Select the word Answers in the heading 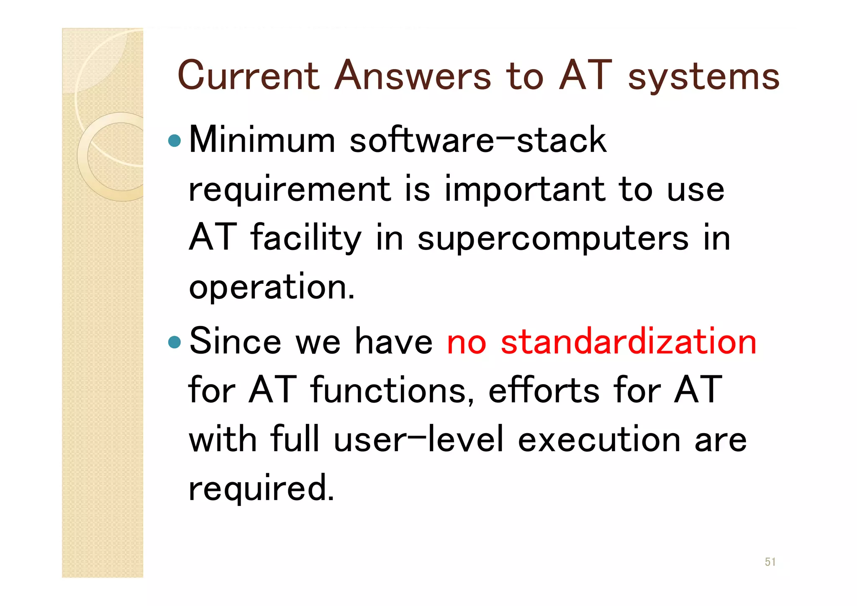[413, 76]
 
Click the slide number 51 [770, 562]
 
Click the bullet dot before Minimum [174, 141]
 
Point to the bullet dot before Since [174, 342]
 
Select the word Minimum [262, 140]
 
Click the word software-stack [478, 140]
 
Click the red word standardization [629, 342]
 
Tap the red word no [467, 342]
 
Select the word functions [392, 390]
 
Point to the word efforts [544, 390]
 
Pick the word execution [599, 439]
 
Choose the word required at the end [262, 488]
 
